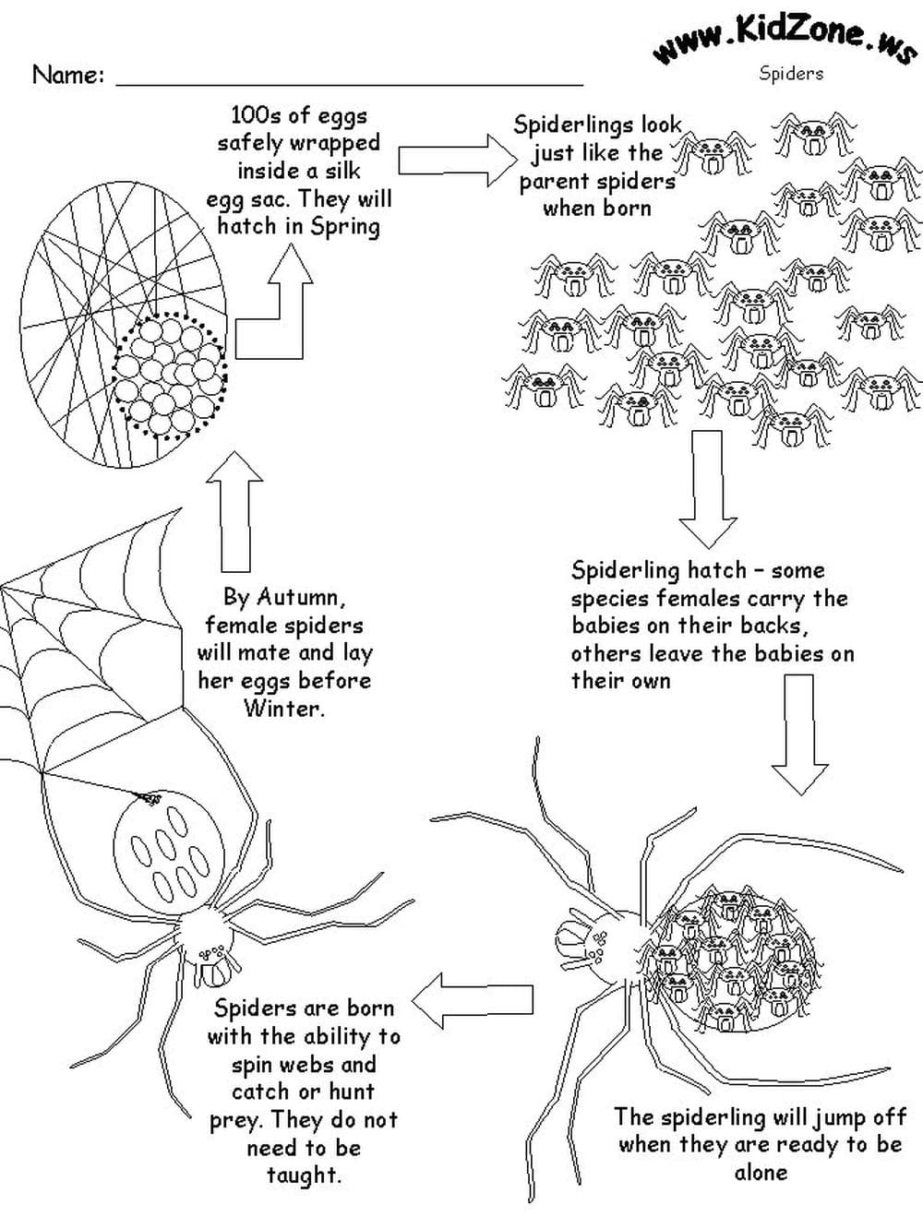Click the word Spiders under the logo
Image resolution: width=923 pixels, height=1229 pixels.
(791, 73)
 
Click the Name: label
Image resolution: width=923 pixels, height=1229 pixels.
(67, 75)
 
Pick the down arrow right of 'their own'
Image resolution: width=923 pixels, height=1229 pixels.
(799, 734)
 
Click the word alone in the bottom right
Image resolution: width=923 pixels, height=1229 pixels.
(761, 1173)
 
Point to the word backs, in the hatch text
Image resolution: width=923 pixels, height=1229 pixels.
(774, 626)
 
